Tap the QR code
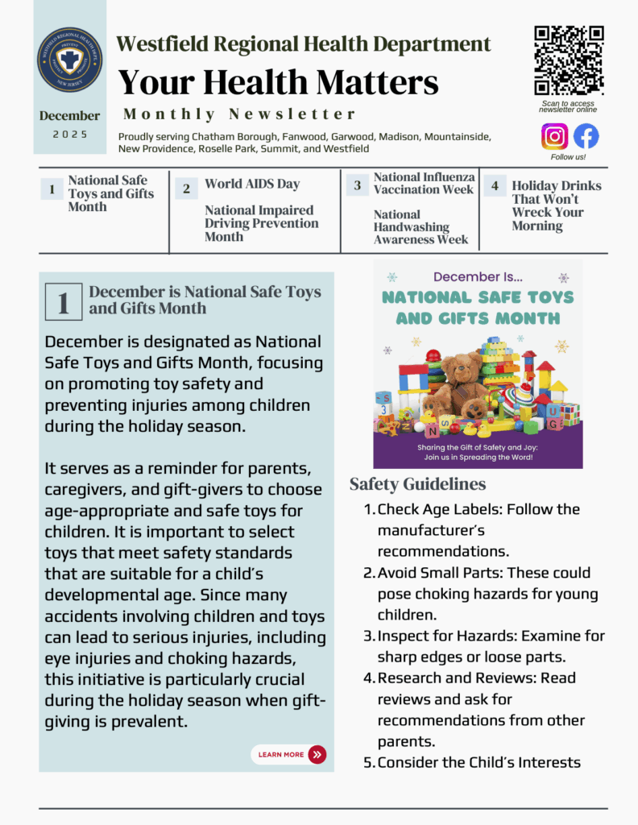click(x=569, y=60)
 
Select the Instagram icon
click(x=554, y=136)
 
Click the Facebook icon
click(x=586, y=136)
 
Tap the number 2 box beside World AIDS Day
click(x=186, y=189)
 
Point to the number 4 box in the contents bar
click(x=495, y=186)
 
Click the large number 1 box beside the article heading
click(x=63, y=302)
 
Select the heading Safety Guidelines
click(x=417, y=484)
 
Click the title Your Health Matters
click(x=278, y=82)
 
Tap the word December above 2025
click(x=70, y=116)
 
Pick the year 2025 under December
click(x=70, y=135)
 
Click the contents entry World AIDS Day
click(x=252, y=184)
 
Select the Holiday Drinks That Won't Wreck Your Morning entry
click(x=556, y=205)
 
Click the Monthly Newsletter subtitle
click(x=239, y=114)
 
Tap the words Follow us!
click(x=568, y=157)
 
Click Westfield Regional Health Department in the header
click(x=304, y=44)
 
